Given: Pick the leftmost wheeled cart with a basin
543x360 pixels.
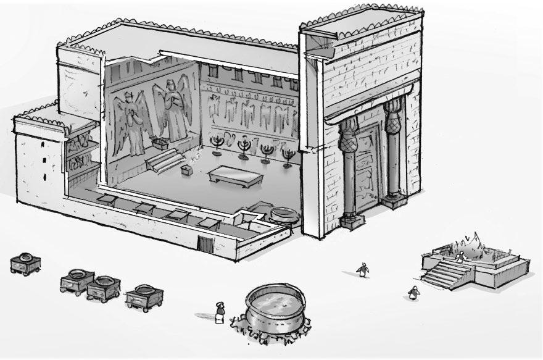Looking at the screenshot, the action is (x=26, y=262).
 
